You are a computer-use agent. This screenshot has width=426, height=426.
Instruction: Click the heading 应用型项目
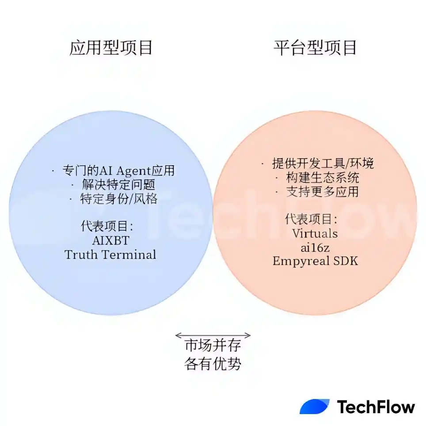click(111, 48)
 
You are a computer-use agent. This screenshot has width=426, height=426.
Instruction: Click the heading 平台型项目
click(315, 48)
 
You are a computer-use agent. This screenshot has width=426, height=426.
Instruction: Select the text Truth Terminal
click(110, 255)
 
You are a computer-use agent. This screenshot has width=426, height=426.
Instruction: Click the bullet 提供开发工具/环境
click(317, 163)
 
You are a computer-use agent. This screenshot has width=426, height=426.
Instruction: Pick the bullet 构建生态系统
click(317, 177)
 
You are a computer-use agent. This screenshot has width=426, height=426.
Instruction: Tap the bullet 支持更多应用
click(317, 191)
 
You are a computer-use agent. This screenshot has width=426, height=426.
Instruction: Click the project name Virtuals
click(315, 233)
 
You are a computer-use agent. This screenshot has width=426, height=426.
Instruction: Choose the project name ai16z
click(315, 247)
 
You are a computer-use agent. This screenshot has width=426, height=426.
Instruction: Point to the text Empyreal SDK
click(315, 261)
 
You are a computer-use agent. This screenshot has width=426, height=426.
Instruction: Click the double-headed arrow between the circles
click(213, 335)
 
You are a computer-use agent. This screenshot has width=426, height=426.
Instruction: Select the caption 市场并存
click(213, 346)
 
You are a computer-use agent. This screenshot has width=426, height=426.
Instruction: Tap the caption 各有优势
click(213, 364)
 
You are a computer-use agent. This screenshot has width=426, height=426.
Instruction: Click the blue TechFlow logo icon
click(314, 407)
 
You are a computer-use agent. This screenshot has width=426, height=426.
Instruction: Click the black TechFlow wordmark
click(376, 407)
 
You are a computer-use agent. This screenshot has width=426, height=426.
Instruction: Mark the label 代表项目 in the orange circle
click(312, 219)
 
